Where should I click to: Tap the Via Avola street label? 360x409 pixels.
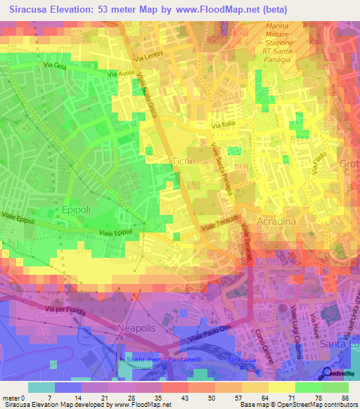click(121, 72)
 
